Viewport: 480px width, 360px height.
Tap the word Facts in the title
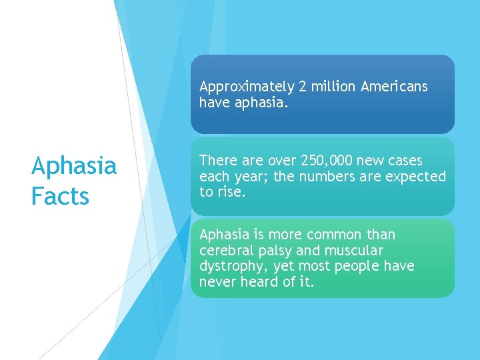(60, 197)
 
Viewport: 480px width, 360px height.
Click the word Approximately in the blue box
(247, 87)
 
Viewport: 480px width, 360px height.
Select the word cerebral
(224, 251)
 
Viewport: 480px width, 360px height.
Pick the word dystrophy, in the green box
(231, 266)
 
